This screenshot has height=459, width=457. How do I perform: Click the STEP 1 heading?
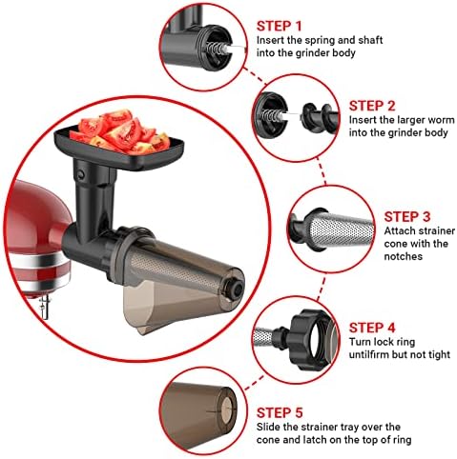pyautogui.click(x=279, y=26)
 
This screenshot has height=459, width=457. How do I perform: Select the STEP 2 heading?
pyautogui.click(x=372, y=106)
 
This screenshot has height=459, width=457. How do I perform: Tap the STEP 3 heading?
pyautogui.click(x=407, y=217)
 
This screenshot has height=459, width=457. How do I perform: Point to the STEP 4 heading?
pyautogui.click(x=372, y=328)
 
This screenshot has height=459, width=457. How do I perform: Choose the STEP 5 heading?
pyautogui.click(x=280, y=412)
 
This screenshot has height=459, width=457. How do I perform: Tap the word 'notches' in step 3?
pyautogui.click(x=404, y=256)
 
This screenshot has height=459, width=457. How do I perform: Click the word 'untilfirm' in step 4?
pyautogui.click(x=369, y=354)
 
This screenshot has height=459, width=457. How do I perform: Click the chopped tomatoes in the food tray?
pyautogui.click(x=119, y=130)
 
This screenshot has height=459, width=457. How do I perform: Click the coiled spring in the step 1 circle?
pyautogui.click(x=214, y=49)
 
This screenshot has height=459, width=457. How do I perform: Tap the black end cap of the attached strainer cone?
pyautogui.click(x=235, y=288)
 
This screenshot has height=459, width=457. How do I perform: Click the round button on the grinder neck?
pyautogui.click(x=81, y=174)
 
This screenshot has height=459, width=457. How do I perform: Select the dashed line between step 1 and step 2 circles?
pyautogui.click(x=255, y=76)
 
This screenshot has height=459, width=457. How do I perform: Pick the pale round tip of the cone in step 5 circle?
pyautogui.click(x=227, y=411)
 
